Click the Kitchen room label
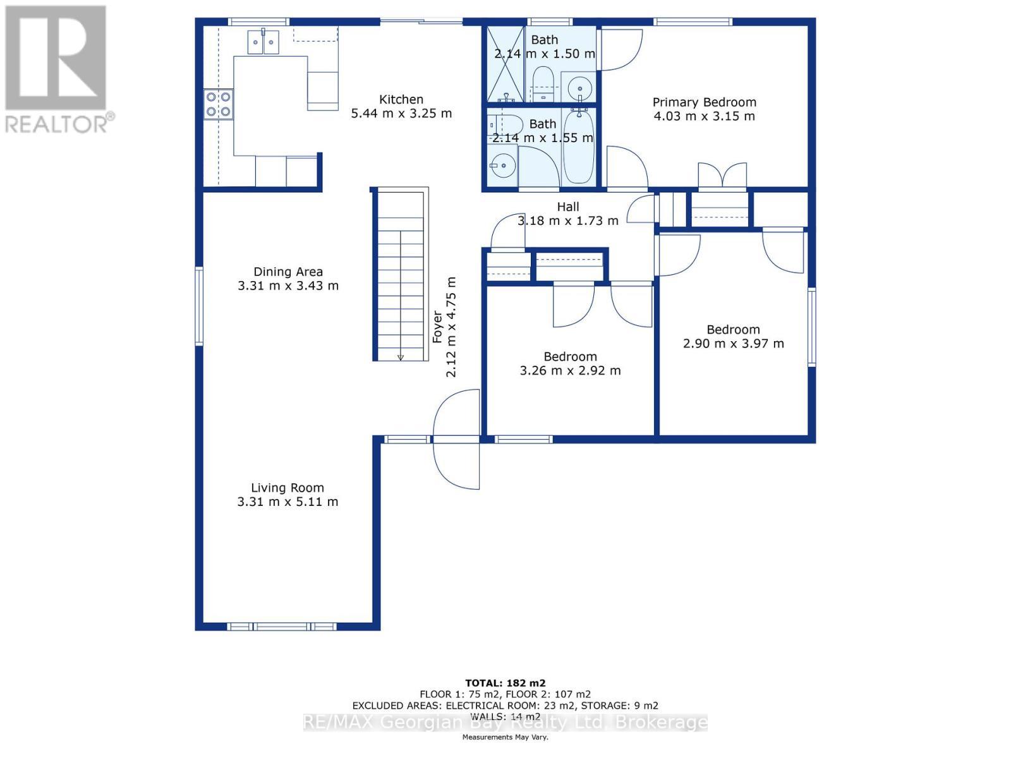click(x=401, y=100)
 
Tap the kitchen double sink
click(x=263, y=42)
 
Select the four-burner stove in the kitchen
click(x=218, y=104)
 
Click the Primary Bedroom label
click(x=704, y=102)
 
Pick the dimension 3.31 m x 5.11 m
click(x=288, y=502)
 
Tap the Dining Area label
click(x=288, y=272)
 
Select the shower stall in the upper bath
click(x=505, y=63)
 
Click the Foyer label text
click(x=437, y=327)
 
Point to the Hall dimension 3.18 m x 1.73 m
click(x=567, y=221)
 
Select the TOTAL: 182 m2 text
click(x=505, y=683)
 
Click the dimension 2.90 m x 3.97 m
click(x=733, y=344)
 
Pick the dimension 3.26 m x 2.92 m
click(x=570, y=371)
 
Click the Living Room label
click(x=288, y=488)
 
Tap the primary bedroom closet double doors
click(x=722, y=176)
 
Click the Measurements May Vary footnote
click(x=505, y=737)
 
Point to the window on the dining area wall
click(x=199, y=306)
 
